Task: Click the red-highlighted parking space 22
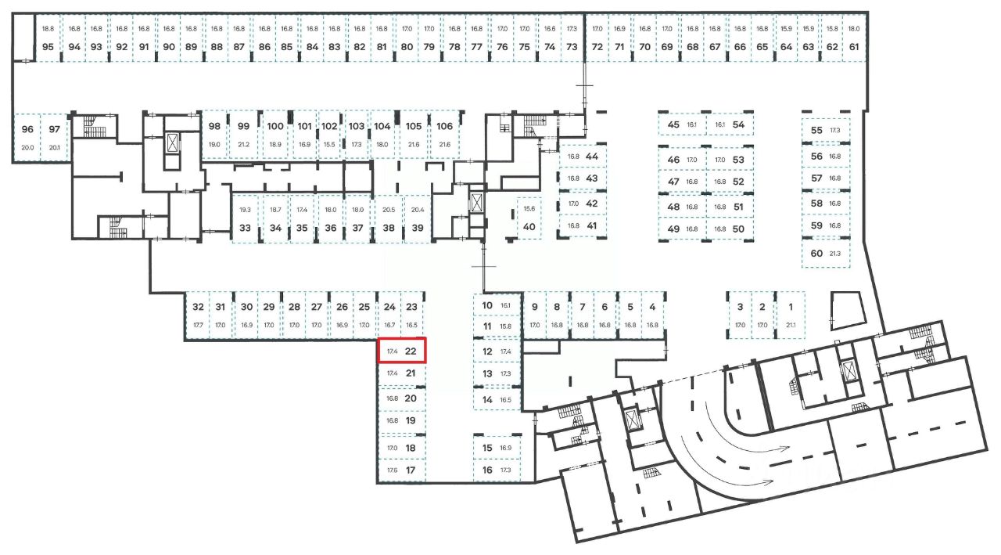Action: point(402,351)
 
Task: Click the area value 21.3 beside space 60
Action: point(835,254)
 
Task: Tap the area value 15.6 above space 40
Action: point(529,209)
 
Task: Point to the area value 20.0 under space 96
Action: point(28,147)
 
